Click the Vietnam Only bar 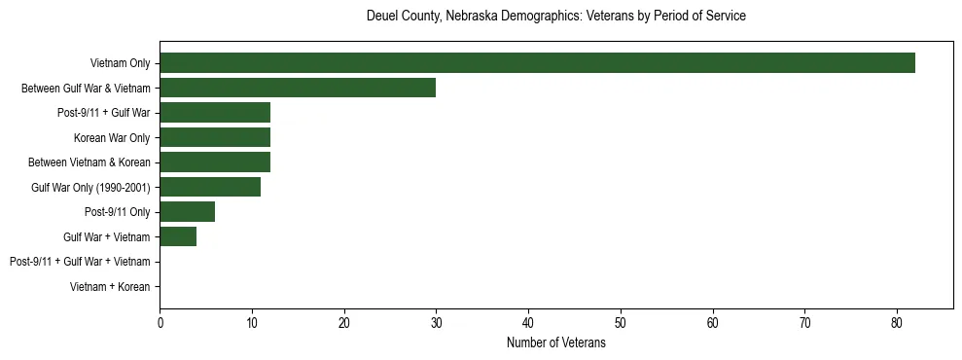coord(537,63)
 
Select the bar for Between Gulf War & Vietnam coord(298,89)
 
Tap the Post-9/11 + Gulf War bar coord(215,113)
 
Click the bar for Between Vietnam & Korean coord(215,162)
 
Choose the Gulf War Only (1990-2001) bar coord(210,187)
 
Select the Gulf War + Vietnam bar coord(178,236)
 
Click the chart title coord(555,17)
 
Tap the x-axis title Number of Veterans coord(555,342)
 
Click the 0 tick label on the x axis coord(160,323)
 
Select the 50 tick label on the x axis coord(621,323)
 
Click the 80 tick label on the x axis coord(897,323)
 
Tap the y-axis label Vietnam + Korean coord(110,287)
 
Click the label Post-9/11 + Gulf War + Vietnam coord(80,262)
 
